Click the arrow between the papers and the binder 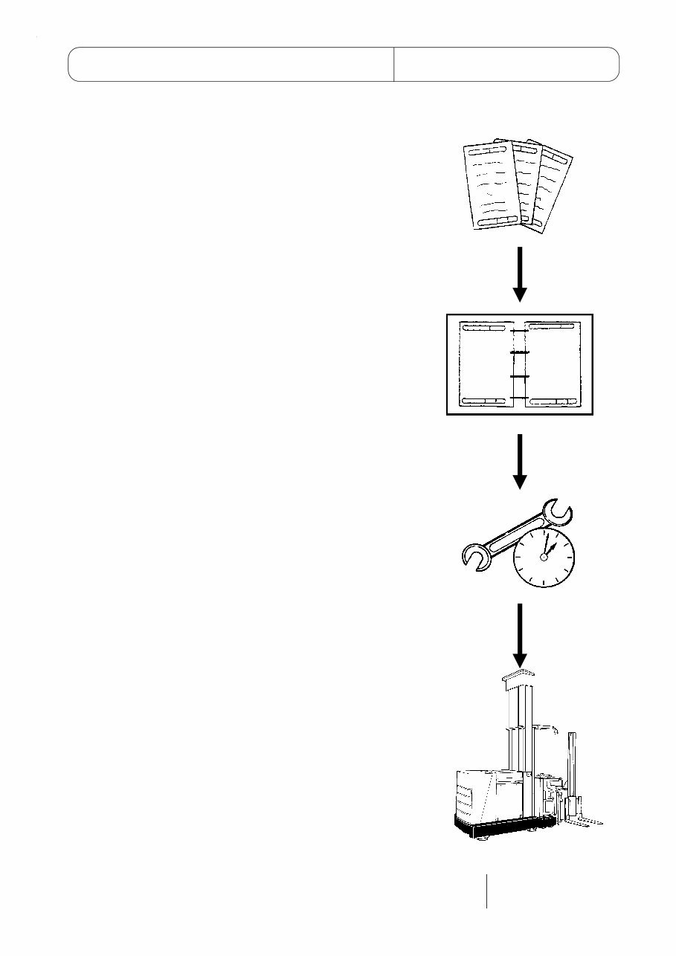point(520,273)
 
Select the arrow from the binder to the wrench point(520,461)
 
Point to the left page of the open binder point(483,364)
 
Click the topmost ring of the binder point(519,330)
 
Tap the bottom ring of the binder point(519,399)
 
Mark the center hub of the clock point(544,556)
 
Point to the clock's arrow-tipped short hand point(550,546)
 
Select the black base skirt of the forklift point(506,826)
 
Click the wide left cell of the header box point(231,64)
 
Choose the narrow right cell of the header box point(506,64)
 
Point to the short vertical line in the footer point(487,891)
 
